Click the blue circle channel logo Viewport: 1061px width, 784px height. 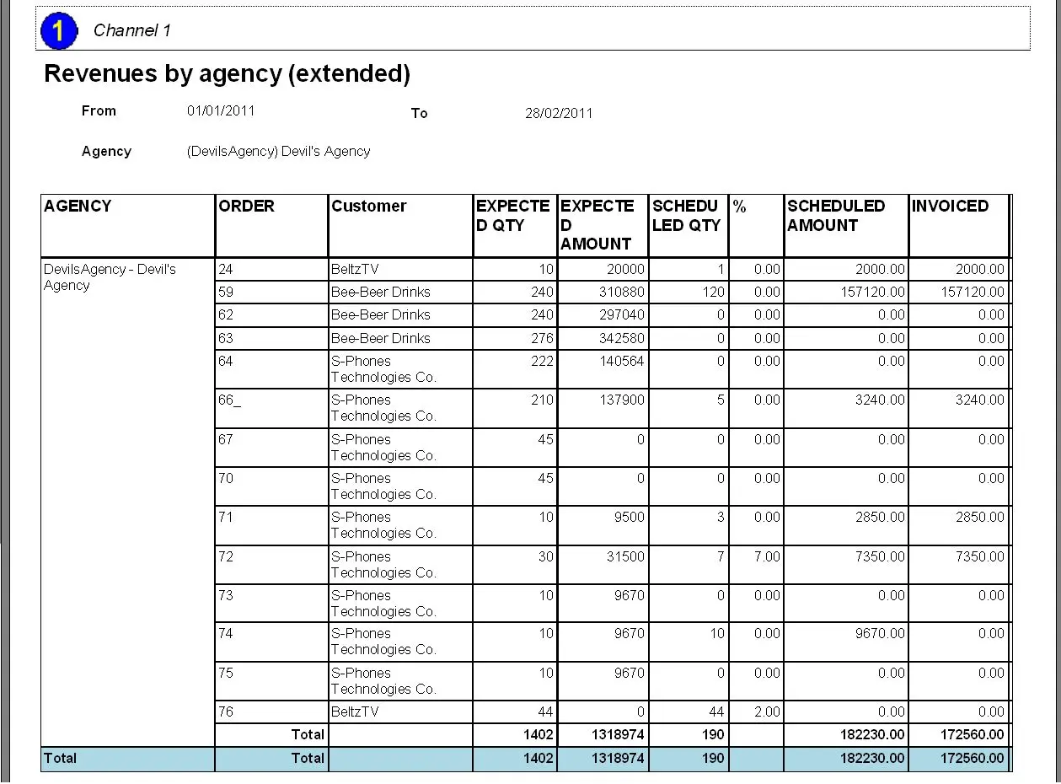59,31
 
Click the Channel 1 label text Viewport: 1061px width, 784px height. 132,31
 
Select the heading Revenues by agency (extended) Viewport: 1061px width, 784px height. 227,74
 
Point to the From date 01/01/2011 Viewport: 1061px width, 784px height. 221,110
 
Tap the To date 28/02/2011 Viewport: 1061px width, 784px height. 559,113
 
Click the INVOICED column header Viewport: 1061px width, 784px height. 950,207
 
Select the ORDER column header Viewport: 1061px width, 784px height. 246,207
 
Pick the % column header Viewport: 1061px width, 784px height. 740,207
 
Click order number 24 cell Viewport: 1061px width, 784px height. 226,270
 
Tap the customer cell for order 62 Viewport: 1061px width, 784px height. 380,315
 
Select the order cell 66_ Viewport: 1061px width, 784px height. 229,400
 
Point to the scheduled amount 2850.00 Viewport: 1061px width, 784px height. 880,518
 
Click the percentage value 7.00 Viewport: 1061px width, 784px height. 767,557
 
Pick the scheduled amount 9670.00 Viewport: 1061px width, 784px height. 880,634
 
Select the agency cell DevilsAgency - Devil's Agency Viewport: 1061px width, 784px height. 110,277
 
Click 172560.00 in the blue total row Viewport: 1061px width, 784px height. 972,759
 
